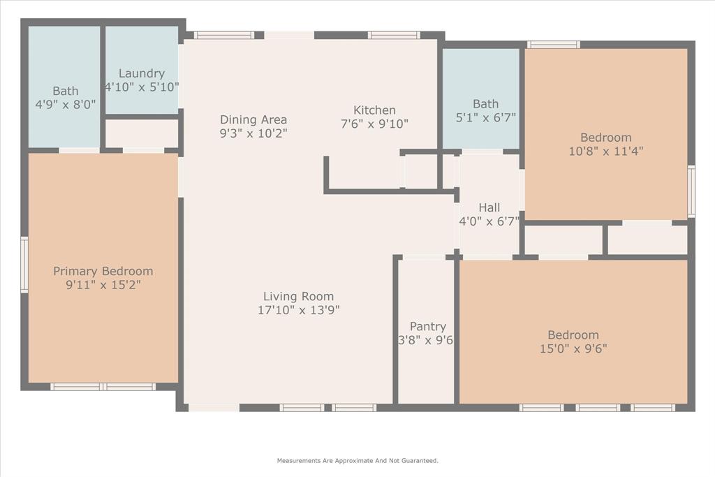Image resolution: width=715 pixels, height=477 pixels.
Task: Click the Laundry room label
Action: tap(142, 73)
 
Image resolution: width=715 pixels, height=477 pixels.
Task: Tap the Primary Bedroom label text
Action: tap(103, 271)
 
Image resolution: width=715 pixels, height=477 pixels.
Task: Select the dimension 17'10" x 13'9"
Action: tap(298, 310)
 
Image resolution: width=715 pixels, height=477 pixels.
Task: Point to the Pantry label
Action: tap(427, 326)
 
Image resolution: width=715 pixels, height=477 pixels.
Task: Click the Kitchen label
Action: tap(374, 110)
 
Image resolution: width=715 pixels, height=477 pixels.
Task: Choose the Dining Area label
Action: tap(253, 119)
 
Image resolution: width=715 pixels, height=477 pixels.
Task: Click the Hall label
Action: tap(489, 207)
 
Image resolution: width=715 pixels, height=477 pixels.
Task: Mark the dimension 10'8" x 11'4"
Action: tap(605, 151)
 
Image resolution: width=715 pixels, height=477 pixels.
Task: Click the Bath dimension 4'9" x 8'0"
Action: tap(65, 105)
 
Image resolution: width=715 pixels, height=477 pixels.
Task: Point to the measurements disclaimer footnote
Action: tap(357, 461)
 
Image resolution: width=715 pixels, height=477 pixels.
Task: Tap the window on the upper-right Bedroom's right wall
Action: tap(691, 191)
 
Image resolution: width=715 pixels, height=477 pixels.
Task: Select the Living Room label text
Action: tap(298, 296)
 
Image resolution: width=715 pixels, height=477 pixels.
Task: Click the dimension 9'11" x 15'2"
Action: tap(103, 285)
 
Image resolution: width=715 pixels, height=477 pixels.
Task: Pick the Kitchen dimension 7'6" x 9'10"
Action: tap(374, 124)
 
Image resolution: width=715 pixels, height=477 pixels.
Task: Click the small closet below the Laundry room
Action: tap(142, 133)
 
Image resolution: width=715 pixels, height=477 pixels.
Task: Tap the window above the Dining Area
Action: tap(223, 35)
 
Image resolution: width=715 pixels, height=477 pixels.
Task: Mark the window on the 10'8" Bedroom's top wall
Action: tap(553, 45)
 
